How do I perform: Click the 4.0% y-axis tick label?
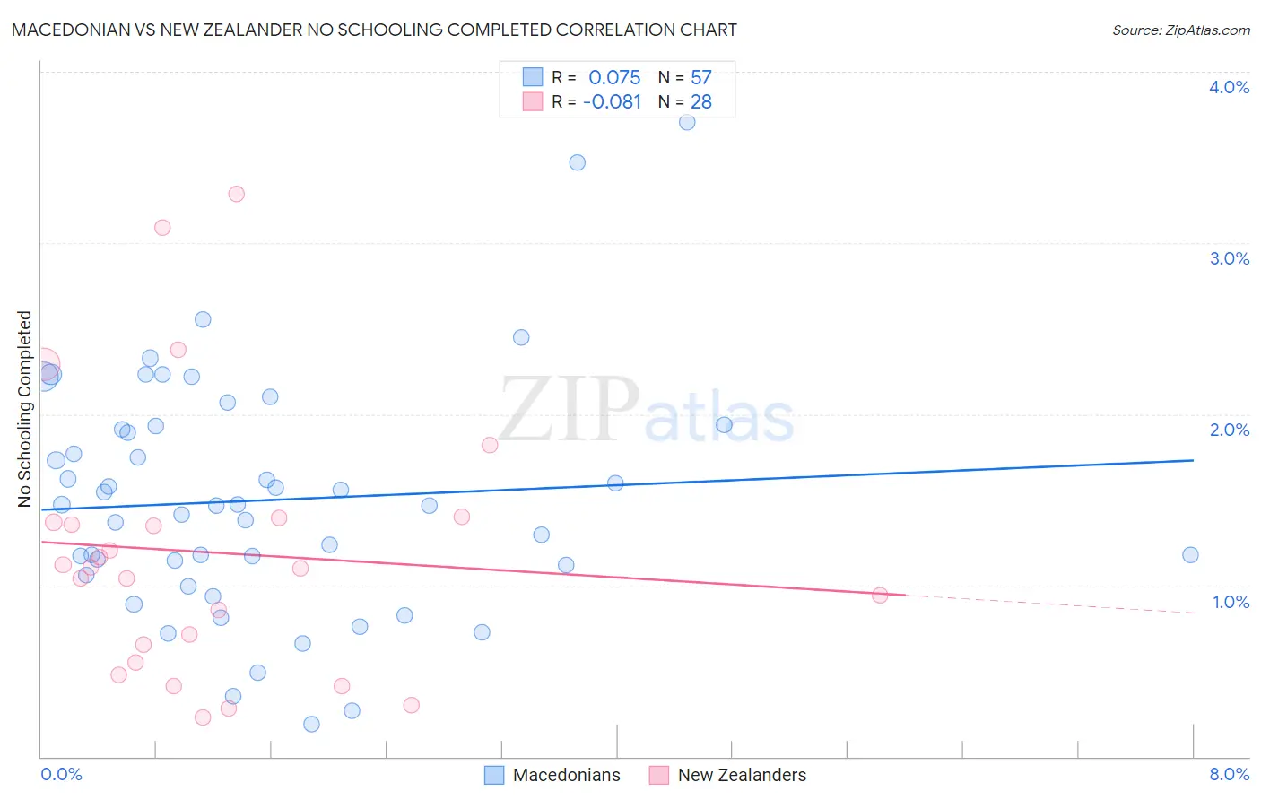click(1229, 87)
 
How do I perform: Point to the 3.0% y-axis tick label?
click(1229, 258)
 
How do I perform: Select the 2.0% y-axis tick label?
click(1229, 430)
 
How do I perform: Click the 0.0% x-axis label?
click(61, 774)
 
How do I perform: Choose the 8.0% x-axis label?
click(1229, 774)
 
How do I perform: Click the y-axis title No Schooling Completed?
click(25, 409)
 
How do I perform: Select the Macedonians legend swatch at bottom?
click(494, 775)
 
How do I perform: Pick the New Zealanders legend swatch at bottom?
click(659, 775)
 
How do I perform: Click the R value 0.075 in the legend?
click(614, 78)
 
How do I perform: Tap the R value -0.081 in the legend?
click(612, 102)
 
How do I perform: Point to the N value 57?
click(700, 78)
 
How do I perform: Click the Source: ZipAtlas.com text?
click(1180, 30)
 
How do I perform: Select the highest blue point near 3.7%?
click(687, 122)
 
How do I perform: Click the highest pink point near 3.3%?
click(237, 194)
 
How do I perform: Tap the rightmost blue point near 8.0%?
click(1190, 555)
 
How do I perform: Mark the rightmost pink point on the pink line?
click(880, 596)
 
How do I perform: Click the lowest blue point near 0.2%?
click(311, 724)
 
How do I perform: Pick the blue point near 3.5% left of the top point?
click(578, 162)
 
